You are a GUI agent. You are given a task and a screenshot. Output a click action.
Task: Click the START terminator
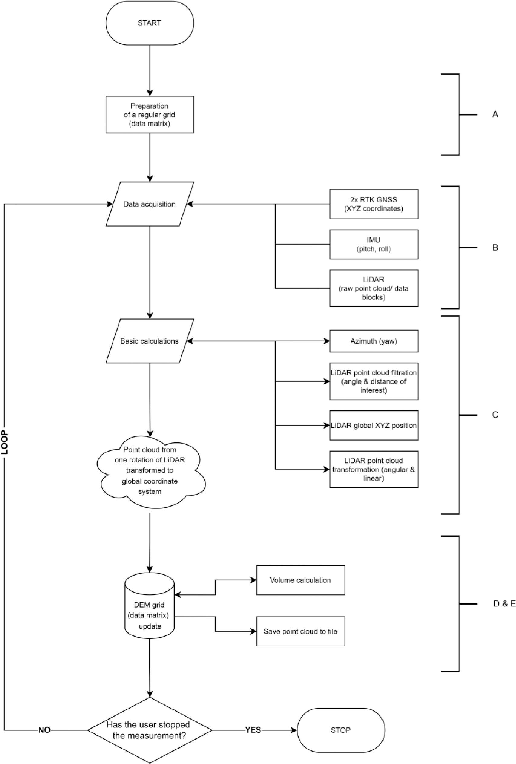coord(149,23)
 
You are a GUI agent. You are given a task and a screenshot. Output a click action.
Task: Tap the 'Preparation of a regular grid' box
coord(149,115)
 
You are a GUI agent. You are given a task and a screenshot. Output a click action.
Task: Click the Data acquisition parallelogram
coord(149,204)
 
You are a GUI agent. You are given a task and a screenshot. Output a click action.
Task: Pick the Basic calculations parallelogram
coord(149,341)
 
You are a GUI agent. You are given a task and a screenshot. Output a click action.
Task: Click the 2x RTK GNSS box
coord(374,204)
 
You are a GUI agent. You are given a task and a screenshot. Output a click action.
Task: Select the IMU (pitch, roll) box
coord(374,245)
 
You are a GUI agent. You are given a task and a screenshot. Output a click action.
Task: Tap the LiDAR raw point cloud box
coord(374,288)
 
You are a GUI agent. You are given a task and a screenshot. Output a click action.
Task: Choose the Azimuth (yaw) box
coord(374,341)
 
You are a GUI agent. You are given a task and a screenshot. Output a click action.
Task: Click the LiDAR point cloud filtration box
coord(374,381)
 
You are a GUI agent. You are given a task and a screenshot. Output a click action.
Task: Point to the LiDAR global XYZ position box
coord(374,425)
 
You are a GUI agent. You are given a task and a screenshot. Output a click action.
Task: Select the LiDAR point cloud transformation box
coord(374,469)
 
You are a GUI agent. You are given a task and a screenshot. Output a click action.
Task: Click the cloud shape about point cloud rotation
coord(150,470)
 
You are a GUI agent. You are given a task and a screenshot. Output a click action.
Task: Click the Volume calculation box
coord(300,580)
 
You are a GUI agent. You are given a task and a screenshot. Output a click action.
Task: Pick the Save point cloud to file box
coord(300,631)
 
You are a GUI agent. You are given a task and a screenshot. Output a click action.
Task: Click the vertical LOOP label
coord(5,442)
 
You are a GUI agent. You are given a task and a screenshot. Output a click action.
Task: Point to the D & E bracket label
coord(504,604)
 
